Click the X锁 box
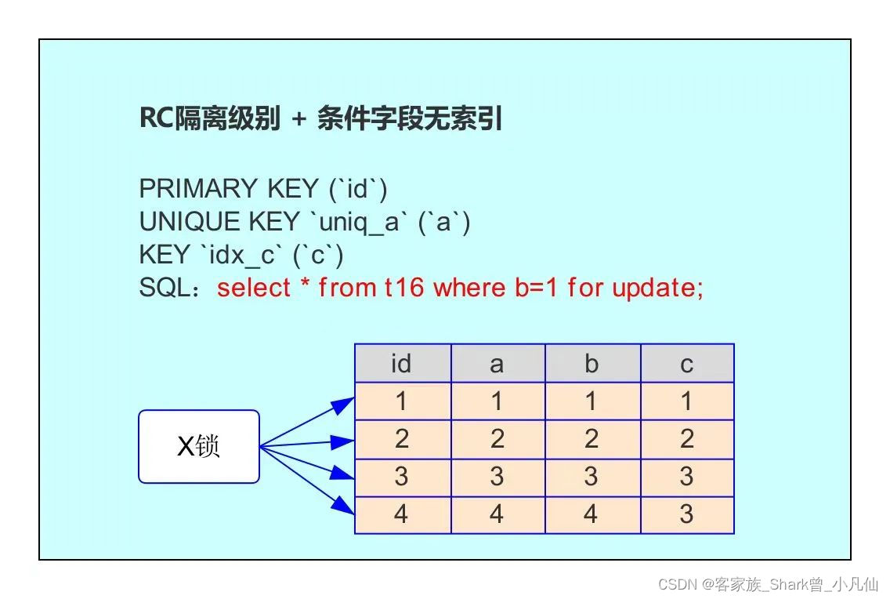click(199, 446)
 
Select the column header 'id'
click(403, 363)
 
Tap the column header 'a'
click(497, 363)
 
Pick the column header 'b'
click(592, 363)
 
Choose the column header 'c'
click(687, 363)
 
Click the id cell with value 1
click(403, 401)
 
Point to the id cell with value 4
click(403, 514)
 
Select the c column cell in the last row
click(687, 514)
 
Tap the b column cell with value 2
click(592, 439)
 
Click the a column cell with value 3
click(497, 477)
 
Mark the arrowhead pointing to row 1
click(344, 405)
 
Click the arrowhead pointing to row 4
click(344, 506)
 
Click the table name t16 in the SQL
click(404, 287)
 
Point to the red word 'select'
click(254, 287)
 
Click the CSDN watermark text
click(768, 583)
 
